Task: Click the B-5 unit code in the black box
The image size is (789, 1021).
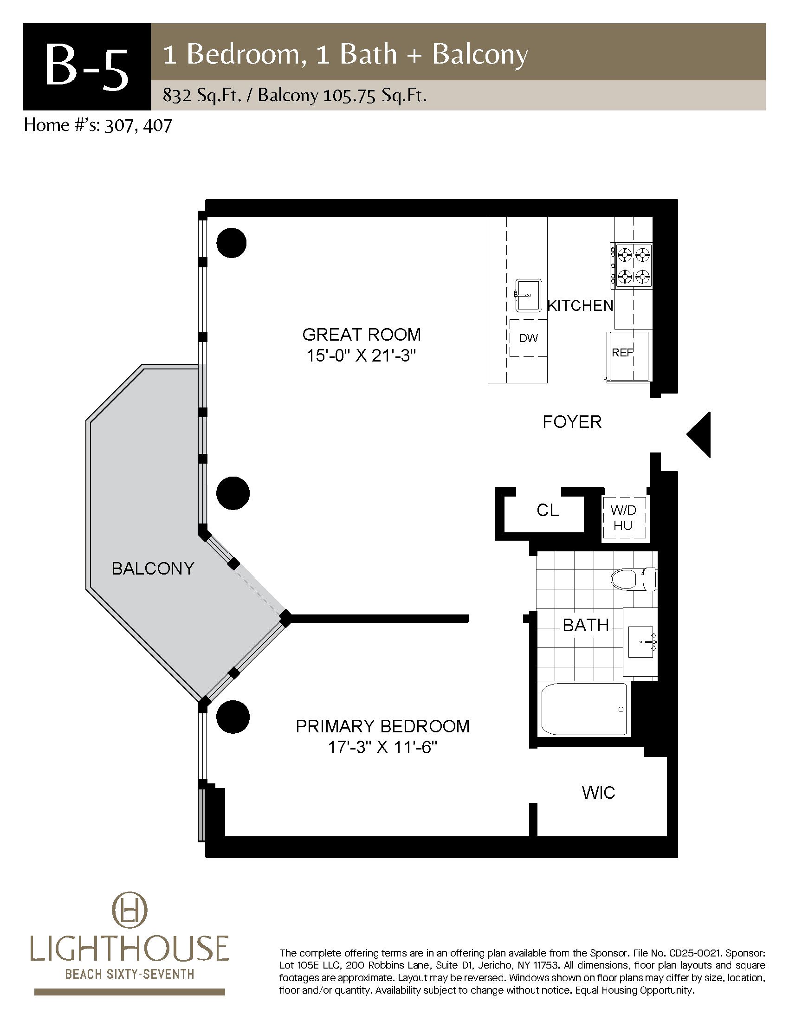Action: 86,67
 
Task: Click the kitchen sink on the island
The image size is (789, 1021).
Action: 528,295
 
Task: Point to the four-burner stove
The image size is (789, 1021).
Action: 631,265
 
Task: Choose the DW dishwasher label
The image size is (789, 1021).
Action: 529,338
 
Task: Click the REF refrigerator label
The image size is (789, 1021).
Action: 622,353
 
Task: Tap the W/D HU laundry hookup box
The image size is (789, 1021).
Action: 623,518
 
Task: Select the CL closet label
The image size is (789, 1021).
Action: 548,510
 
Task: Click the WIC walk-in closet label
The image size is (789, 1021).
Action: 599,792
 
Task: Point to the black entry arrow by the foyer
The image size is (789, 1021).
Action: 699,434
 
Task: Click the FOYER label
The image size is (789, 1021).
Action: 572,422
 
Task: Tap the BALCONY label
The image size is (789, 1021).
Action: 153,569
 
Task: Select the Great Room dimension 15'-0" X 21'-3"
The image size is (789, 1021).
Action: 361,356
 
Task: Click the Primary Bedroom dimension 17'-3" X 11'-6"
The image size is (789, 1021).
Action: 382,748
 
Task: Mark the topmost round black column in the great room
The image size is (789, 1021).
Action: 232,243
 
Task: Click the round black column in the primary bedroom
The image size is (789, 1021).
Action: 233,717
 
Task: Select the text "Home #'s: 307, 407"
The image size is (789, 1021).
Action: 98,125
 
